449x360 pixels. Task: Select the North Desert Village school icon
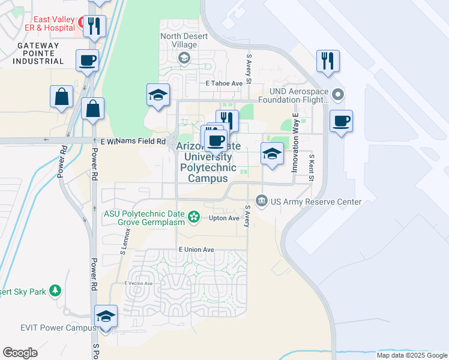point(184,58)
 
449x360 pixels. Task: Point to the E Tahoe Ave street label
point(223,83)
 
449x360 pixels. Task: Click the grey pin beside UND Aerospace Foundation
point(338,94)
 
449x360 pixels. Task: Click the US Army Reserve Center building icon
point(262,200)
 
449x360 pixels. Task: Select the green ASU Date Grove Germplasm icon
point(194,217)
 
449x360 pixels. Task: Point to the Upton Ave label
point(224,218)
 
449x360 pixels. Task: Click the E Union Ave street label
point(196,250)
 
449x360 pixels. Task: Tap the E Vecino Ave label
point(139,283)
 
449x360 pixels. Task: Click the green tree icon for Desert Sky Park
point(55,290)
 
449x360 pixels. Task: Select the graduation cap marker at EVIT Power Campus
point(106,316)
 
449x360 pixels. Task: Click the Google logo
point(20,352)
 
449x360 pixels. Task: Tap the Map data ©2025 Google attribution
point(411,355)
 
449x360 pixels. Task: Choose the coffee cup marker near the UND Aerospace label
point(341,121)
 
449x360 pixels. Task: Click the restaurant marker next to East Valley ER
point(94,25)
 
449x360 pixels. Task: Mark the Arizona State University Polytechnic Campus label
point(208,162)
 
